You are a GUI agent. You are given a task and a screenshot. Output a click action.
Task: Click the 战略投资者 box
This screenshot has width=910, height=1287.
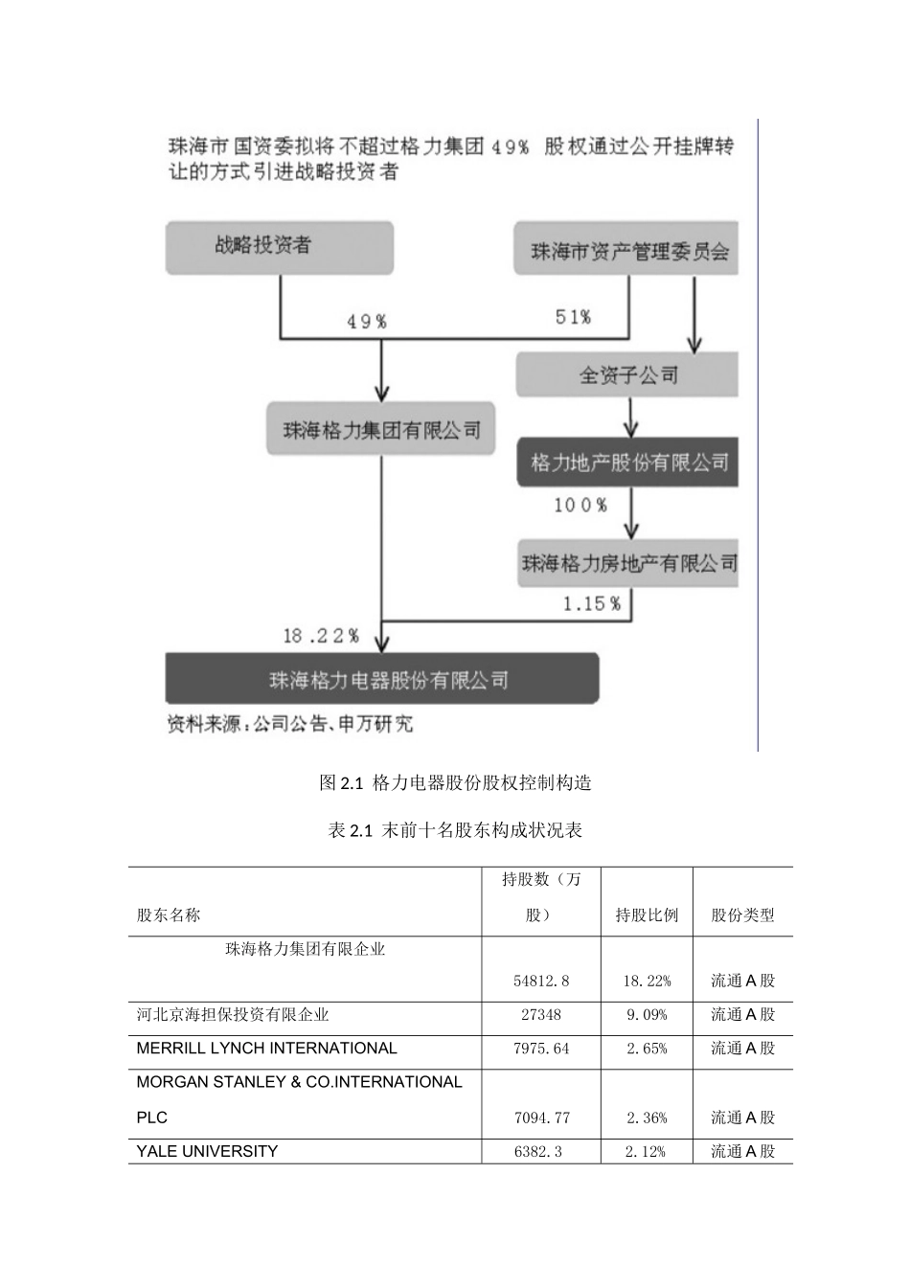pyautogui.click(x=279, y=247)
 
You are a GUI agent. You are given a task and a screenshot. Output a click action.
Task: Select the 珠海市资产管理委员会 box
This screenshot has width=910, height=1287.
pyautogui.click(x=626, y=251)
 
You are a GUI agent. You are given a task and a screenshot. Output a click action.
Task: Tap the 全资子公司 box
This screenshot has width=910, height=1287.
pyautogui.click(x=627, y=374)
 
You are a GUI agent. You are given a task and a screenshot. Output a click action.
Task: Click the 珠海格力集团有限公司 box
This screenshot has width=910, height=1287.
pyautogui.click(x=381, y=430)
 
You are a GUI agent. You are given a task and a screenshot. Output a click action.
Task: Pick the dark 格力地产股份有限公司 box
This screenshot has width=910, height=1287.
pyautogui.click(x=628, y=463)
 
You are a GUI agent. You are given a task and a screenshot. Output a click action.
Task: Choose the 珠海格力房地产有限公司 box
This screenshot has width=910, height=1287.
pyautogui.click(x=628, y=563)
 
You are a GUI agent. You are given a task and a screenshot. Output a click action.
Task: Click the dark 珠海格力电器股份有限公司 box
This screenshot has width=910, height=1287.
pyautogui.click(x=382, y=680)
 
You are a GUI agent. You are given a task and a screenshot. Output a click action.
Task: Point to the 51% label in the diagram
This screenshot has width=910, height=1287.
pyautogui.click(x=573, y=317)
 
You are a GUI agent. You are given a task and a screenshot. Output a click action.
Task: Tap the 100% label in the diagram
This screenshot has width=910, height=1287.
pyautogui.click(x=580, y=505)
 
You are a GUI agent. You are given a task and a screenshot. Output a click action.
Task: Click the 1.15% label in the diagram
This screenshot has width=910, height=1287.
pyautogui.click(x=591, y=603)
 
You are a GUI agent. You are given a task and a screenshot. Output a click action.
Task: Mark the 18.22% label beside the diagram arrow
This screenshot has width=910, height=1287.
pyautogui.click(x=321, y=636)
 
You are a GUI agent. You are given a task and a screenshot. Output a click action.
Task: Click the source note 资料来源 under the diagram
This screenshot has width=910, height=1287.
pyautogui.click(x=290, y=724)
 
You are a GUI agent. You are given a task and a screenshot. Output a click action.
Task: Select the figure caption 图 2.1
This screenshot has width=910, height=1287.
pyautogui.click(x=455, y=782)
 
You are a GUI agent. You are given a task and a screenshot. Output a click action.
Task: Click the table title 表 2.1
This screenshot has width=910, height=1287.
pyautogui.click(x=455, y=830)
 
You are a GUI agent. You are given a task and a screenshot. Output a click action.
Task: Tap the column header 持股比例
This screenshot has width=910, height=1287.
pyautogui.click(x=647, y=914)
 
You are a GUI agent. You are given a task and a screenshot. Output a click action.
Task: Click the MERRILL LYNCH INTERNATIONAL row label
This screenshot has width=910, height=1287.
pyautogui.click(x=266, y=1049)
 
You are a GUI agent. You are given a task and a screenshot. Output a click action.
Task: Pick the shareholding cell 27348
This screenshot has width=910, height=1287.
pyautogui.click(x=541, y=1015)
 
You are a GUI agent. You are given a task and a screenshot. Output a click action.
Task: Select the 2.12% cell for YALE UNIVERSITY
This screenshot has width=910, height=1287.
pyautogui.click(x=646, y=1152)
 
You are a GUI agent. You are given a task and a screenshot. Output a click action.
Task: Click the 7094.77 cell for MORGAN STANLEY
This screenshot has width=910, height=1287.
pyautogui.click(x=541, y=1118)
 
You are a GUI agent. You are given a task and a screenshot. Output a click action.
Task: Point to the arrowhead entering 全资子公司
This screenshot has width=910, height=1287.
pyautogui.click(x=694, y=345)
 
